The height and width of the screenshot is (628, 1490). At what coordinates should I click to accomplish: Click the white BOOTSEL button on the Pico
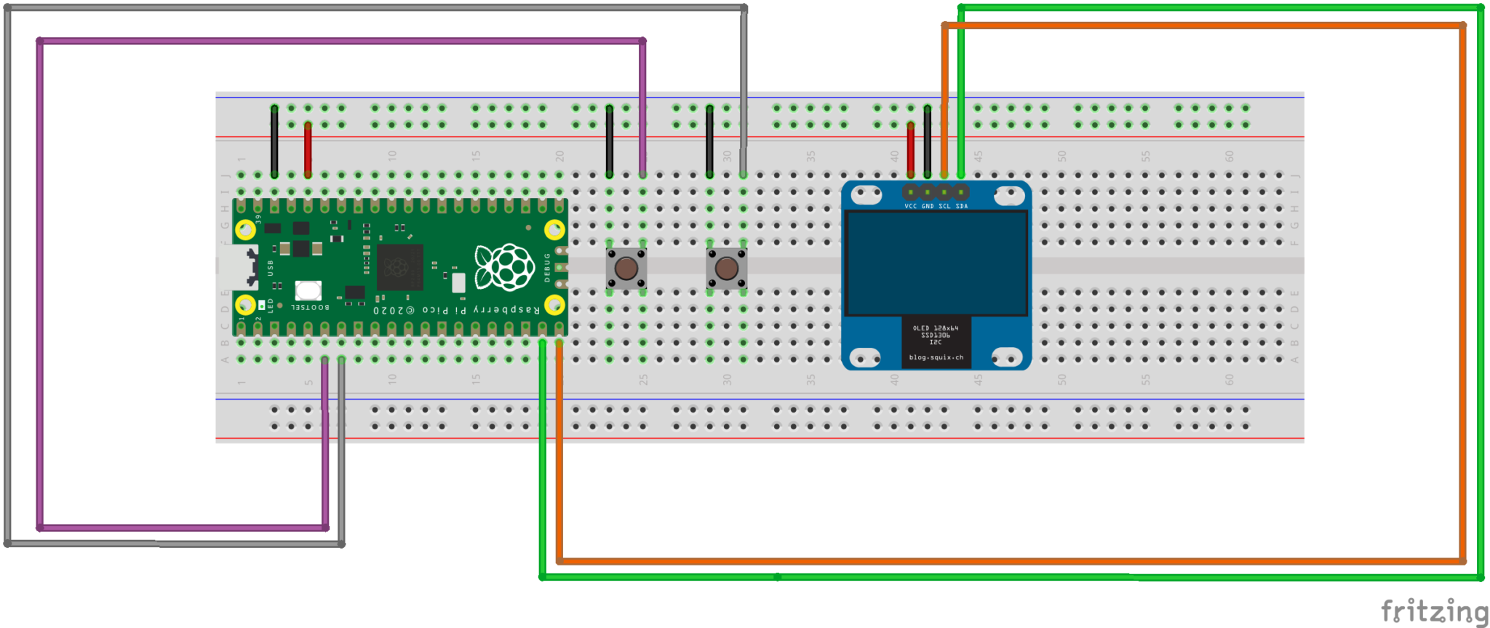coord(308,290)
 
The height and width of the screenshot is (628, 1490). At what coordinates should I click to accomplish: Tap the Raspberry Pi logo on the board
coord(504,267)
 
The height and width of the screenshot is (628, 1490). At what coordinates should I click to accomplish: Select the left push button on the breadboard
coord(626,268)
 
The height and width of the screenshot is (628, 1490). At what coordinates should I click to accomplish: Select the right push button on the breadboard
coord(726,268)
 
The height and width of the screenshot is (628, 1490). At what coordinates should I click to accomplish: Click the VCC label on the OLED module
coord(910,207)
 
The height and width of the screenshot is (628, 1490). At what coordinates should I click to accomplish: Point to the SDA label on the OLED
coord(962,207)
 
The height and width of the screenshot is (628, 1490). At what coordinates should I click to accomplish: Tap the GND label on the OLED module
coord(928,207)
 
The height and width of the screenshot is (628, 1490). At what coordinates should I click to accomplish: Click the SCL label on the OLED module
coord(944,207)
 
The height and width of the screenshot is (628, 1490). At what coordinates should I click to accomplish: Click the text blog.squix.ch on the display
coord(936,357)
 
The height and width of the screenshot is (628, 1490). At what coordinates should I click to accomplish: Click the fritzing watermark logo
coord(1433,611)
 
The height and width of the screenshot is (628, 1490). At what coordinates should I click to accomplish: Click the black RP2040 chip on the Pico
coord(399,267)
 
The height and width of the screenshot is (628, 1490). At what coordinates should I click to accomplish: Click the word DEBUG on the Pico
coord(547,267)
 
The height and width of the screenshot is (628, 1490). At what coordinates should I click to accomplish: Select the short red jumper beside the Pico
coord(308,149)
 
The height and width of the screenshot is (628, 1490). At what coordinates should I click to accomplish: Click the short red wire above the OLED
coord(911,149)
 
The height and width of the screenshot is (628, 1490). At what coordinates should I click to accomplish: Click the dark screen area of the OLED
coord(936,263)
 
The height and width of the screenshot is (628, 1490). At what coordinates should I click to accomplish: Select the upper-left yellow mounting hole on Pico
coord(246,230)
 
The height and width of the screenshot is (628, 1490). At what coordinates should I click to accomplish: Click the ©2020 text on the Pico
coord(394,310)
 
